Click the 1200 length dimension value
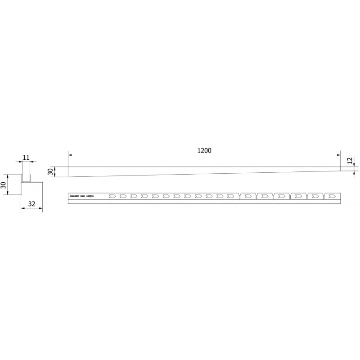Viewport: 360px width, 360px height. click(x=204, y=150)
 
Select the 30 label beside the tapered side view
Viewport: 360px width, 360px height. click(x=50, y=171)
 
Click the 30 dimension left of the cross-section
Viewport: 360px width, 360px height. click(x=3, y=184)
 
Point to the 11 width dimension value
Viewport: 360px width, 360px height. click(x=26, y=157)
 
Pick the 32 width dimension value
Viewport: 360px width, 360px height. click(x=31, y=204)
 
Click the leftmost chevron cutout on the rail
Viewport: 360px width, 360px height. click(x=112, y=196)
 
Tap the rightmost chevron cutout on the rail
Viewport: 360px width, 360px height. click(x=333, y=196)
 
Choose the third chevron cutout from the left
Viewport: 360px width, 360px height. click(x=134, y=196)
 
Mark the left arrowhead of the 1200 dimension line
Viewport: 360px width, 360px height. click(x=70, y=155)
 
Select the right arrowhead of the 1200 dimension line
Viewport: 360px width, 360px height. click(x=339, y=155)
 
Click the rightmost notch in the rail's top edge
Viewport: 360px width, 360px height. click(x=324, y=194)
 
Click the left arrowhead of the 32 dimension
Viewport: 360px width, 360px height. click(x=22, y=208)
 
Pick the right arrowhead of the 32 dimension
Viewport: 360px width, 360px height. click(x=41, y=208)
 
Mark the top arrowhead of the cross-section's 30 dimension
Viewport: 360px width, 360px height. click(x=8, y=176)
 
